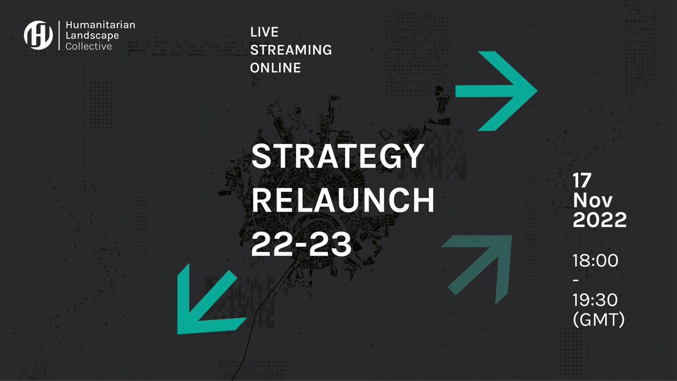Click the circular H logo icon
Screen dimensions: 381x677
coord(38,35)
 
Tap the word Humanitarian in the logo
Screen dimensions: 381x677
coord(100,25)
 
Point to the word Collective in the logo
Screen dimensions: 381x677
coord(89,46)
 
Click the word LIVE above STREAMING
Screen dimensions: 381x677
coord(265,32)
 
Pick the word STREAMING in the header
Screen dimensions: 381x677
coord(291,50)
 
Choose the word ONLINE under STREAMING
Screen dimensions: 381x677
coord(275,68)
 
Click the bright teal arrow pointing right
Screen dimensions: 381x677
coord(496,91)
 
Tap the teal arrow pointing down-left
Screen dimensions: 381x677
coord(206,305)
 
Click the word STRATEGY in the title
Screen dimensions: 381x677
coord(337,156)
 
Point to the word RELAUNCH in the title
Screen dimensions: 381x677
coord(343,201)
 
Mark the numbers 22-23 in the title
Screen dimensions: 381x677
coord(301,244)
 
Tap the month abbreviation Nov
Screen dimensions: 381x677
coord(590,200)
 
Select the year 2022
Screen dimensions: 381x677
coord(600,220)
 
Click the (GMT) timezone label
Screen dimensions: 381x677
coord(599,319)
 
